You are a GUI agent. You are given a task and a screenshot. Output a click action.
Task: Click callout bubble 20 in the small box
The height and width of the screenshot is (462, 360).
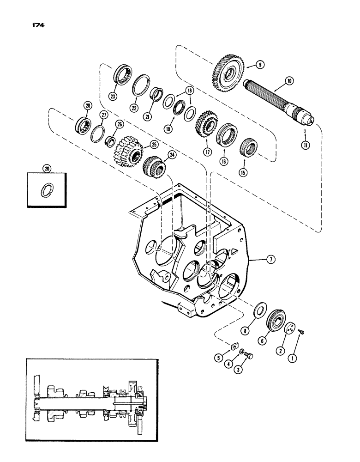(47, 170)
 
